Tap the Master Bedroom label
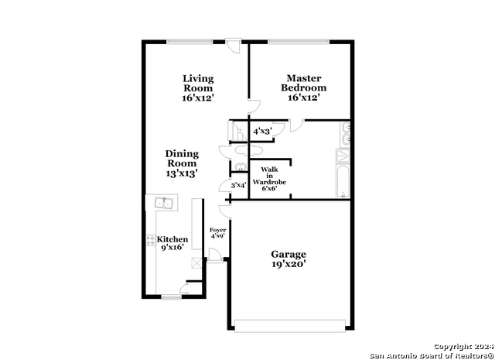click(x=303, y=83)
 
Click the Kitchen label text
click(x=173, y=240)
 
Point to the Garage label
click(x=288, y=254)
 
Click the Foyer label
click(x=217, y=231)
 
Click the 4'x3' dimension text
click(x=261, y=132)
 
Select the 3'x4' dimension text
click(x=237, y=185)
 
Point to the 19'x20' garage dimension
click(x=288, y=264)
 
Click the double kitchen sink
click(x=162, y=204)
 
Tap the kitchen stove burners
click(x=151, y=242)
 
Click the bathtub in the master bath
click(x=343, y=173)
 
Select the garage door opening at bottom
click(x=291, y=325)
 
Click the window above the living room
click(x=190, y=41)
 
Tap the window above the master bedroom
click(x=299, y=41)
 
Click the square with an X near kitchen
click(x=196, y=264)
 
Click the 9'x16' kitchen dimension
click(x=173, y=249)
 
